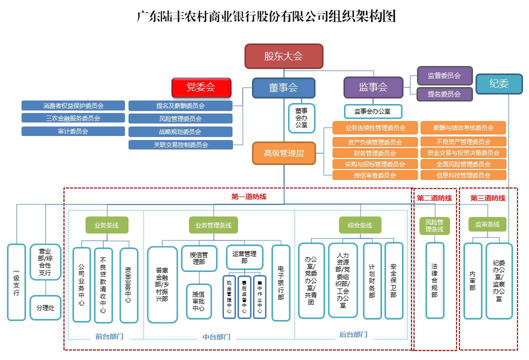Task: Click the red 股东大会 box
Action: pos(283,56)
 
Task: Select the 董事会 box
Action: pos(283,87)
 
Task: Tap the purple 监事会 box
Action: pos(373,87)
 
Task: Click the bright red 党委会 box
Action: pos(201,87)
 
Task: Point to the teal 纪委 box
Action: pos(499,84)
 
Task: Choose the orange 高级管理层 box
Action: pos(283,153)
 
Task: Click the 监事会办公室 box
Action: pos(373,111)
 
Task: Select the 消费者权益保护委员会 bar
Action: pos(73,105)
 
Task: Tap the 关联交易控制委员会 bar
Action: pos(180,145)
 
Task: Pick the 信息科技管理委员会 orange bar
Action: pos(463,175)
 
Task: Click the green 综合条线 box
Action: pos(360,225)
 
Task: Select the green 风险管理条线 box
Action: pos(434,225)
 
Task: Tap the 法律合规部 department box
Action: pos(434,280)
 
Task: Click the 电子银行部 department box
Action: pos(280,283)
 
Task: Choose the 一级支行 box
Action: pos(16,282)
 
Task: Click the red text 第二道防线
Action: pos(434,198)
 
